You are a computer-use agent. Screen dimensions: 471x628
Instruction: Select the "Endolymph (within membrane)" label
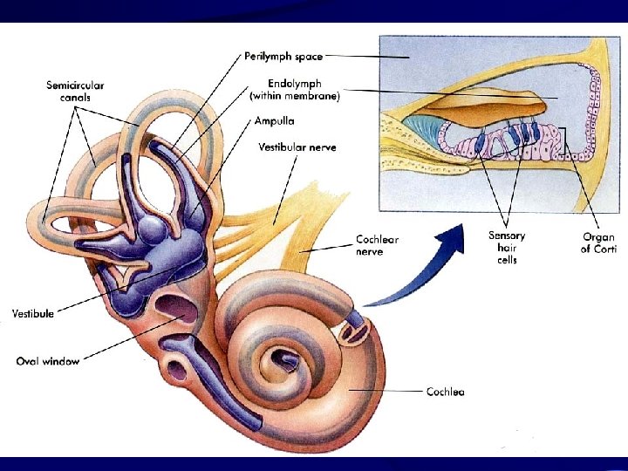coord(295,91)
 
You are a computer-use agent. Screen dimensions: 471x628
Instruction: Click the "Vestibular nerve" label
coord(297,147)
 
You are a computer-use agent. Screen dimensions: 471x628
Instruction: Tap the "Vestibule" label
coord(33,313)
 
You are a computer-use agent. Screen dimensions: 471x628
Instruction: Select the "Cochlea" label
coord(445,392)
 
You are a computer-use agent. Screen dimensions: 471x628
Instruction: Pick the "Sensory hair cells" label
coord(507,248)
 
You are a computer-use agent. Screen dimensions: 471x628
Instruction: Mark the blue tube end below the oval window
coord(180,346)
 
